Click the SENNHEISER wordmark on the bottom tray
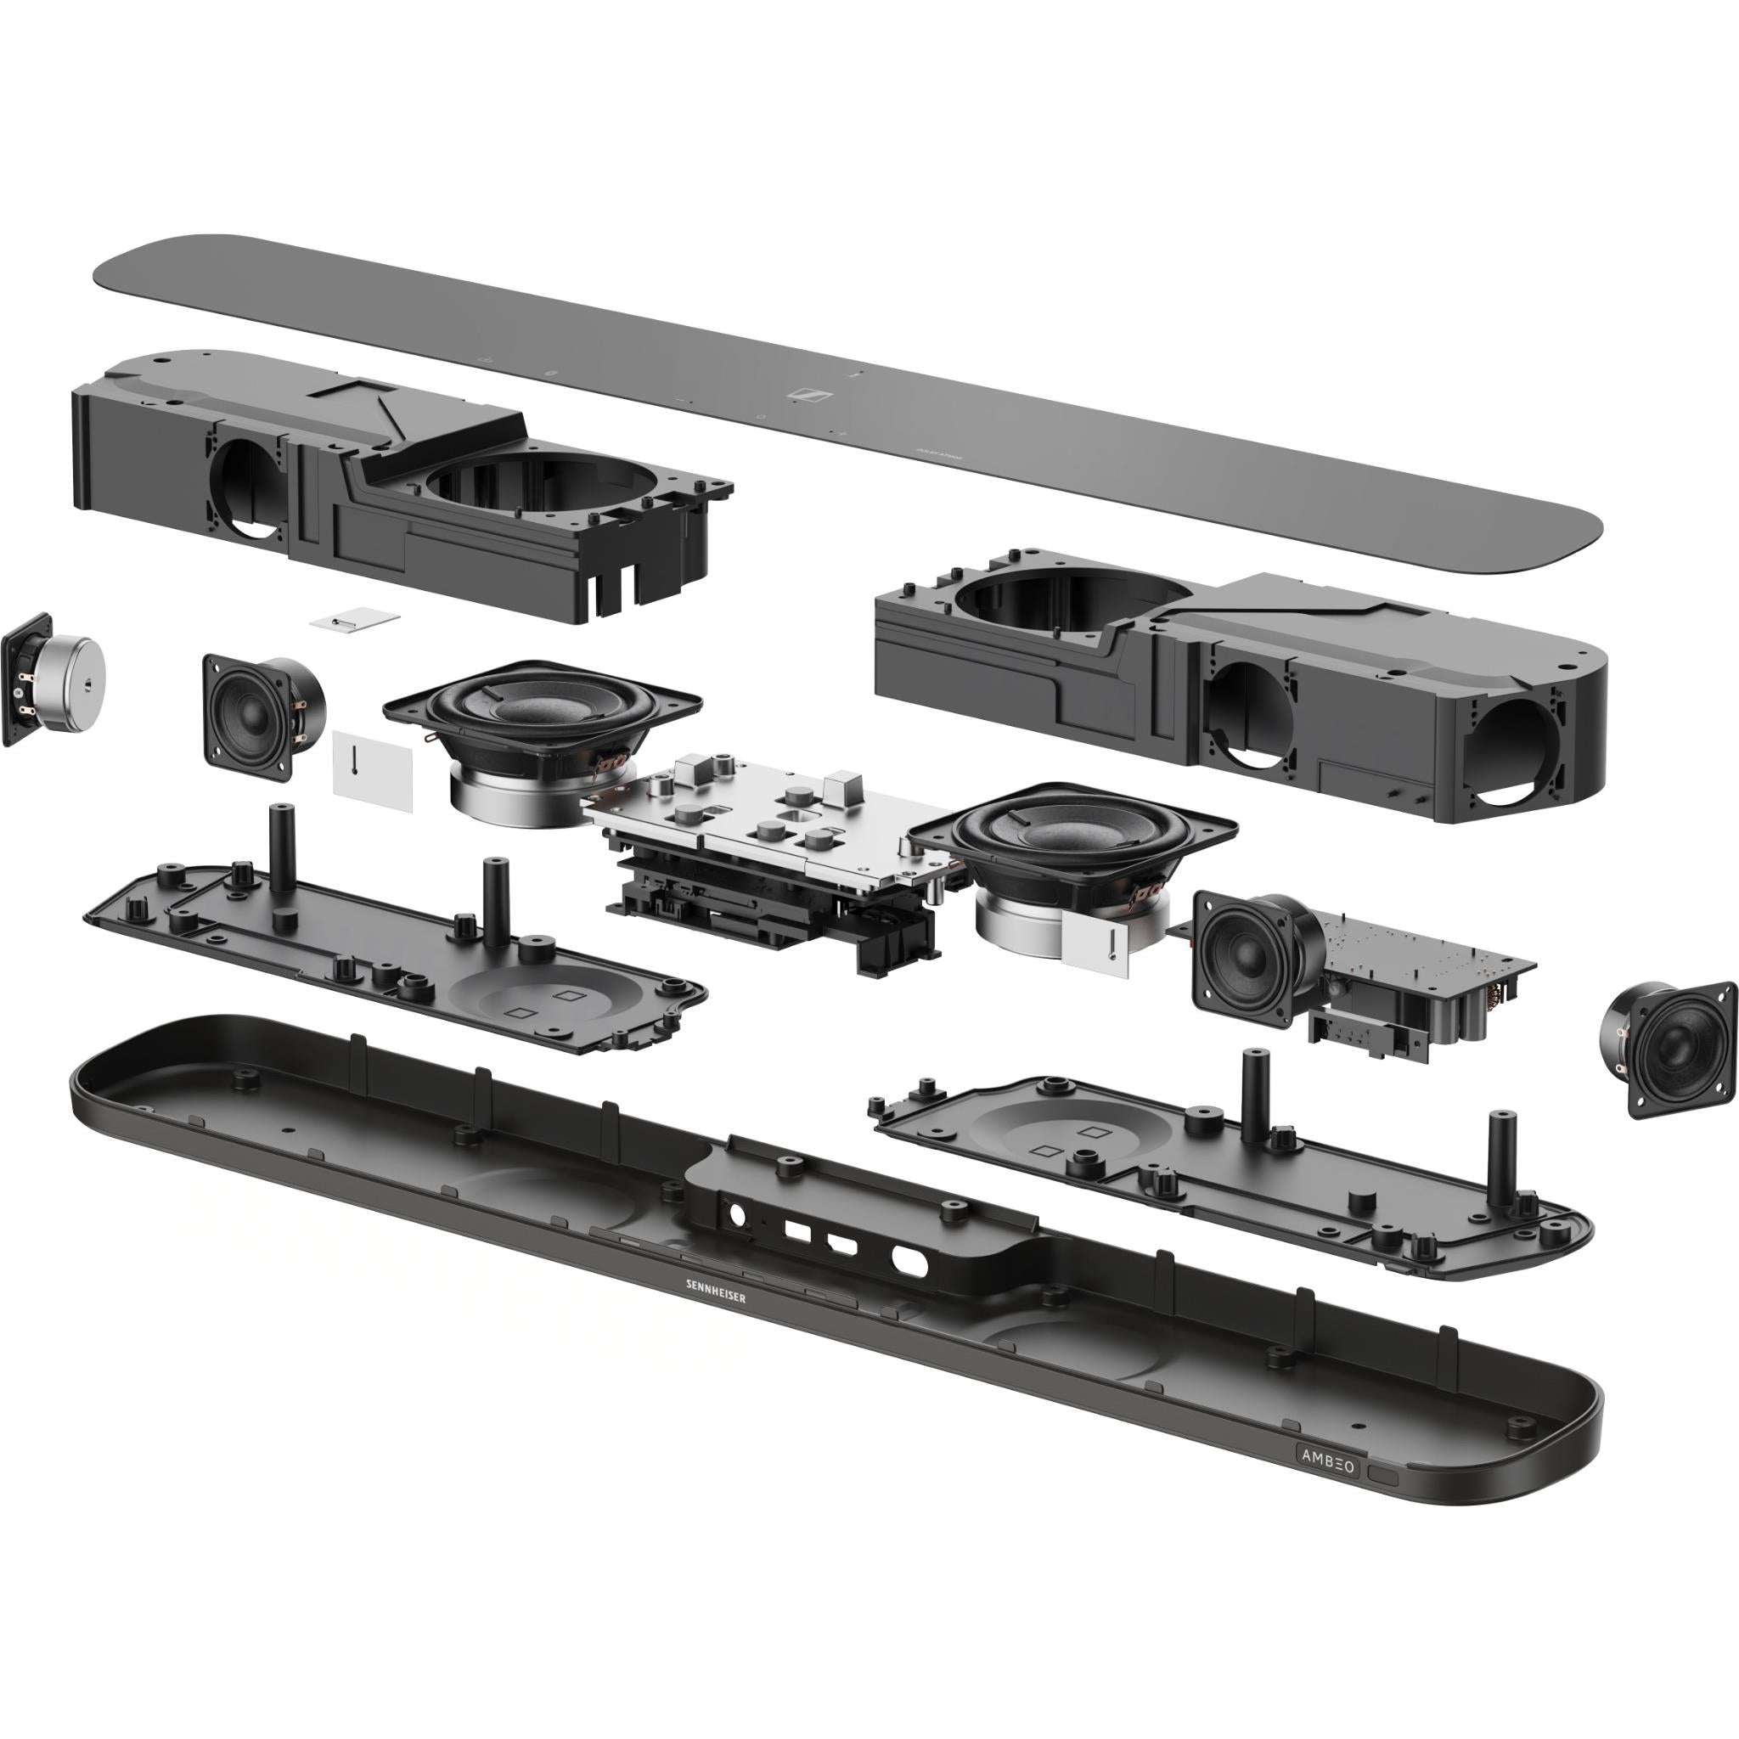click(715, 1292)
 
